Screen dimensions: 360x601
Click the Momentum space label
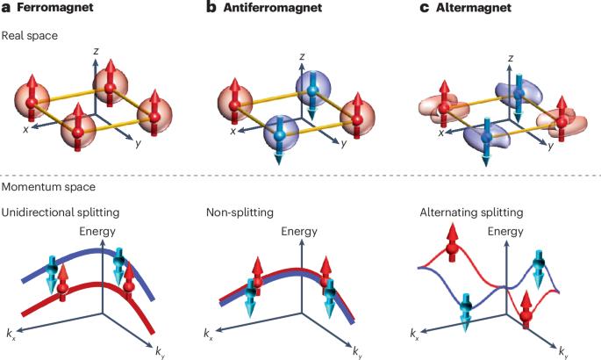(46, 187)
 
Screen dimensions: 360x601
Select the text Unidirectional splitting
(60, 212)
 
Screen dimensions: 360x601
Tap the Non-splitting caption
(235, 212)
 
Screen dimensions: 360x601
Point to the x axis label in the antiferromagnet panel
(233, 132)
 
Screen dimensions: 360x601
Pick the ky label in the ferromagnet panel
(161, 352)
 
